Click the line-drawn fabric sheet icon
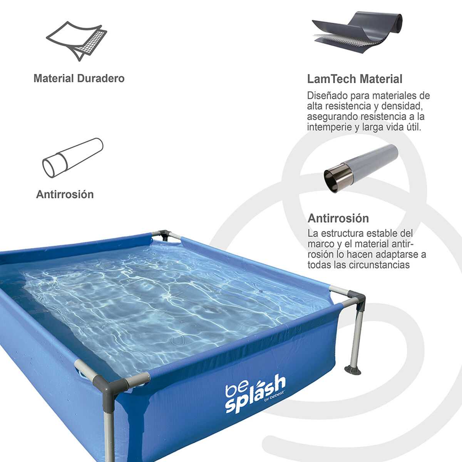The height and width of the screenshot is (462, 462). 77,40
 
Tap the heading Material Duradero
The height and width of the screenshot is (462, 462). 79,79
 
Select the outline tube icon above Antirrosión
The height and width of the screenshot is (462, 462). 72,158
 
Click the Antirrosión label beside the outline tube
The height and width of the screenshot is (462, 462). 65,194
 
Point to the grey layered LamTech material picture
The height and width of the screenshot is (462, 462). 357,33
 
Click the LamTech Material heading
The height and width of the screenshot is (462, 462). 355,79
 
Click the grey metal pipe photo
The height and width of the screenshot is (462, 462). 360,168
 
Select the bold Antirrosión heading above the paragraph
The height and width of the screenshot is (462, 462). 338,218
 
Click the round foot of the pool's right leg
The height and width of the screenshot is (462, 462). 353,371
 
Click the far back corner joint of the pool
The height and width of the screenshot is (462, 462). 165,234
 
